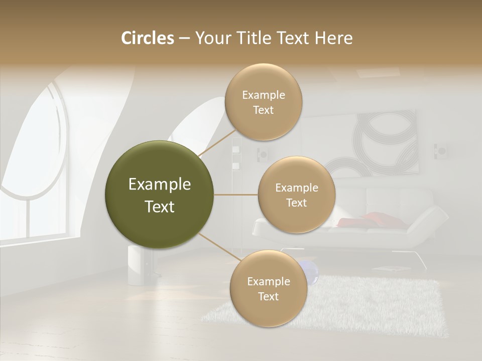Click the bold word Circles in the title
(x=148, y=38)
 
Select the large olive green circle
(x=160, y=195)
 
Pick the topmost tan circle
(x=264, y=102)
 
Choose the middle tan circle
(x=297, y=195)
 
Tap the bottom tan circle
(x=268, y=288)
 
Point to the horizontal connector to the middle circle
(x=236, y=195)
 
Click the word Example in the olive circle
(x=160, y=185)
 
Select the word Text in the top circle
(x=264, y=110)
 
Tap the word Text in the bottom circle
(x=268, y=297)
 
